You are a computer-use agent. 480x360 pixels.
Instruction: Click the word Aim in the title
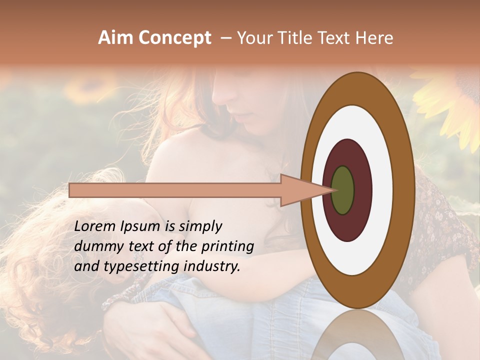tap(116, 38)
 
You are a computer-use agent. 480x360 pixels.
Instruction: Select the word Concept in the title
tap(174, 38)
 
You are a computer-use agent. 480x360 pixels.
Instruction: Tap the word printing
tap(227, 247)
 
